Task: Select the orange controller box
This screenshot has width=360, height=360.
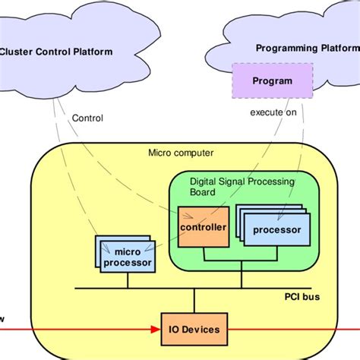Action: click(202, 227)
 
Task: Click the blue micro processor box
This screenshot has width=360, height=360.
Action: click(128, 257)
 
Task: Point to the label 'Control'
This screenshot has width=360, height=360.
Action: click(87, 118)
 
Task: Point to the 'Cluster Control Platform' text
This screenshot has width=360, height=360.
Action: click(56, 52)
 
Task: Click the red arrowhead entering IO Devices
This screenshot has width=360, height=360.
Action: click(154, 330)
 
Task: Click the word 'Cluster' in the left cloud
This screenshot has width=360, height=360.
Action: click(17, 52)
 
